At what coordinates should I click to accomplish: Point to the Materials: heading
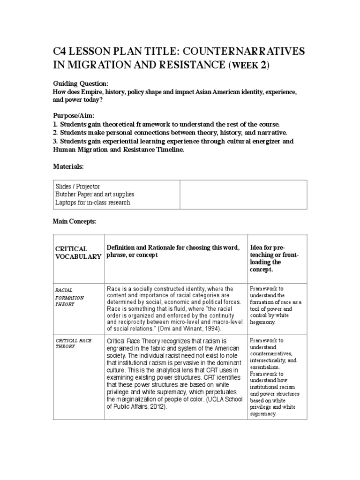pyautogui.click(x=68, y=166)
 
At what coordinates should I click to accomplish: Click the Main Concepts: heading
pyautogui.click(x=74, y=221)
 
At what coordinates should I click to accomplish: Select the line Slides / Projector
pyautogui.click(x=78, y=187)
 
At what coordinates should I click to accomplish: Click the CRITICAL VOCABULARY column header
pyautogui.click(x=78, y=252)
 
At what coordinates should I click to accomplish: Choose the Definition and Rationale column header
pyautogui.click(x=173, y=251)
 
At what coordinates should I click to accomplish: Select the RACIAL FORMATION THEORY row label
pyautogui.click(x=69, y=297)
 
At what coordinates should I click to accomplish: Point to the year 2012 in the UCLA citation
pyautogui.click(x=157, y=406)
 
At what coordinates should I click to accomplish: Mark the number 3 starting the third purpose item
pyautogui.click(x=54, y=141)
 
